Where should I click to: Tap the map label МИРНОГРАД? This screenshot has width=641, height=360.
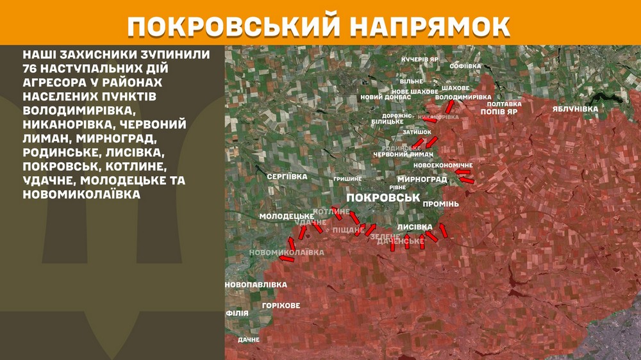[x=422, y=179]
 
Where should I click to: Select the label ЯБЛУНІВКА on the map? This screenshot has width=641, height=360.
[x=575, y=109]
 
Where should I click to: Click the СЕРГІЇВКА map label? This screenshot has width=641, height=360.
[x=287, y=176]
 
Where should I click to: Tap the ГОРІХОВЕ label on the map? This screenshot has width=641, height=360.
[x=281, y=306]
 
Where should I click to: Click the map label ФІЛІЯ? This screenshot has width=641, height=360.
[x=237, y=314]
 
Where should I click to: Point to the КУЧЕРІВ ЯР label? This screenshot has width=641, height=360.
[x=420, y=60]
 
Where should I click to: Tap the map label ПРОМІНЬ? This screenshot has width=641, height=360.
[x=440, y=204]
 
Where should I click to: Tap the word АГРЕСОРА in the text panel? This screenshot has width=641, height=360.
[x=53, y=83]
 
